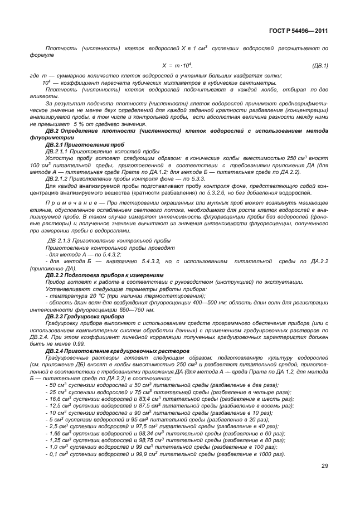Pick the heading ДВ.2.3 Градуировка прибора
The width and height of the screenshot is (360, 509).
pos(84,316)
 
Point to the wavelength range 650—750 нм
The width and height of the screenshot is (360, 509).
pos(125,309)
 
